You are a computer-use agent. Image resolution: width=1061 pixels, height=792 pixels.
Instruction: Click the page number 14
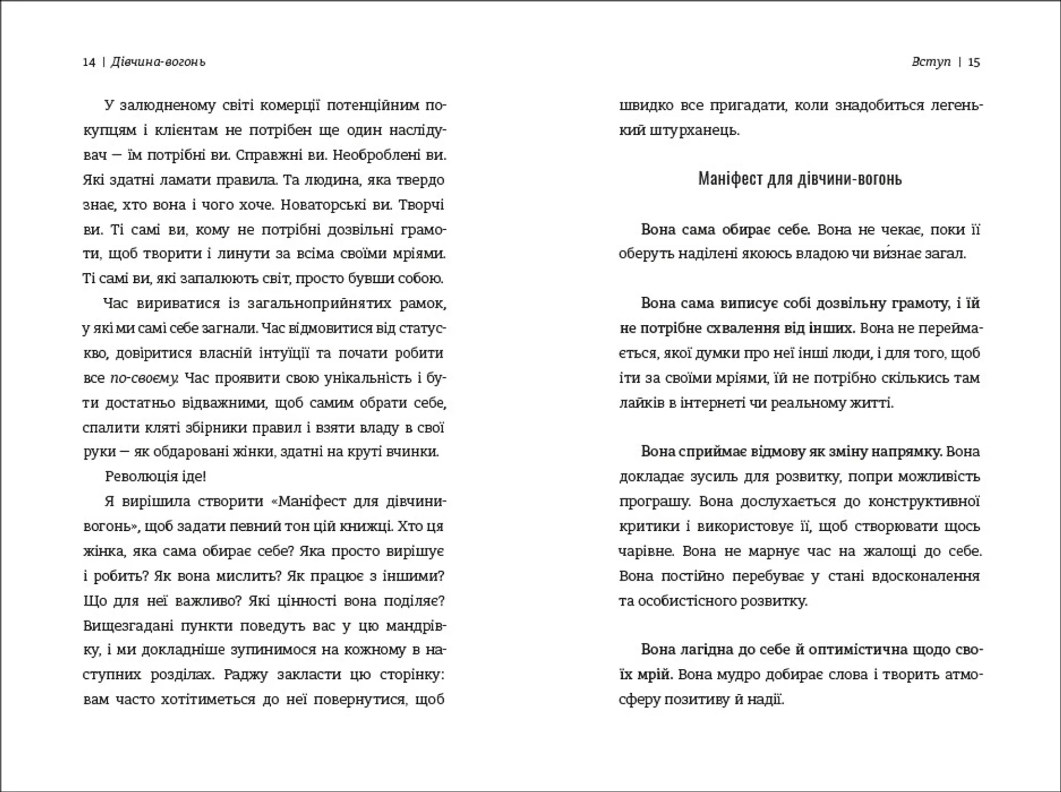click(88, 62)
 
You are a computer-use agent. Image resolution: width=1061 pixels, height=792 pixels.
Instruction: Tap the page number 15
click(974, 62)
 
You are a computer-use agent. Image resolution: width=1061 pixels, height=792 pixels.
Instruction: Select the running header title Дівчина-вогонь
click(158, 62)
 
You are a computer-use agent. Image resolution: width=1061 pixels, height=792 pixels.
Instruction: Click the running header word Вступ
click(931, 62)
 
